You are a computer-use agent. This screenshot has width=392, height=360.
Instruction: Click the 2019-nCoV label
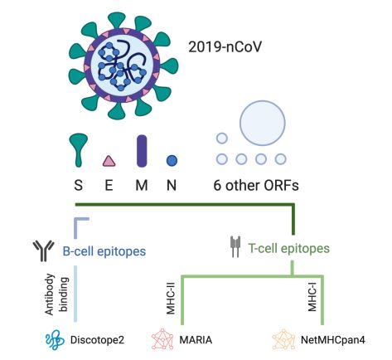(x=225, y=47)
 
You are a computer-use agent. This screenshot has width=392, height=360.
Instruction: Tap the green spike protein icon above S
(x=79, y=150)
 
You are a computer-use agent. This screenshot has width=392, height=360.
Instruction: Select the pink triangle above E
(x=109, y=161)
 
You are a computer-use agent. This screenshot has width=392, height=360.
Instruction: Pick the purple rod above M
(x=142, y=151)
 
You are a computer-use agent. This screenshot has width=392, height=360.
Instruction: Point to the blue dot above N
(x=172, y=161)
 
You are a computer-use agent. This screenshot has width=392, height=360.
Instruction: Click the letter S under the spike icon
(x=79, y=185)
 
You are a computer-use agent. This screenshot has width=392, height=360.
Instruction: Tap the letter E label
(x=109, y=185)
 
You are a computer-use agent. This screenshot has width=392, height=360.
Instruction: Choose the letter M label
(x=142, y=185)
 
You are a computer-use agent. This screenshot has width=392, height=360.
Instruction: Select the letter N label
(x=172, y=185)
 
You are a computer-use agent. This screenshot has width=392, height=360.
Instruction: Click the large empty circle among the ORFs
(x=262, y=123)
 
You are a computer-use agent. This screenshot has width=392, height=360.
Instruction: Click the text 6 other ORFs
(x=256, y=186)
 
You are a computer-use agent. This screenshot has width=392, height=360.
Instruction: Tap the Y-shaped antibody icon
(x=43, y=251)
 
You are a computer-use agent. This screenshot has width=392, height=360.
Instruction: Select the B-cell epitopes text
(x=104, y=251)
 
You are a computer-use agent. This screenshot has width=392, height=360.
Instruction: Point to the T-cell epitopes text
(x=289, y=248)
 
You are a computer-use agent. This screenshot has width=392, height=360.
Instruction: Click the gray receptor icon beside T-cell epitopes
(x=235, y=246)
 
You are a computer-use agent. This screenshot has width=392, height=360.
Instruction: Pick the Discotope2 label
(x=97, y=340)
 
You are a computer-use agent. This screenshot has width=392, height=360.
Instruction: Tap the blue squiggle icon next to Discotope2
(x=55, y=340)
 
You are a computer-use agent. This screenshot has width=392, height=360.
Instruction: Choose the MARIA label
(x=196, y=340)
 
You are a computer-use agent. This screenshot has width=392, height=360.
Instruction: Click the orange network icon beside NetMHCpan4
(x=283, y=339)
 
